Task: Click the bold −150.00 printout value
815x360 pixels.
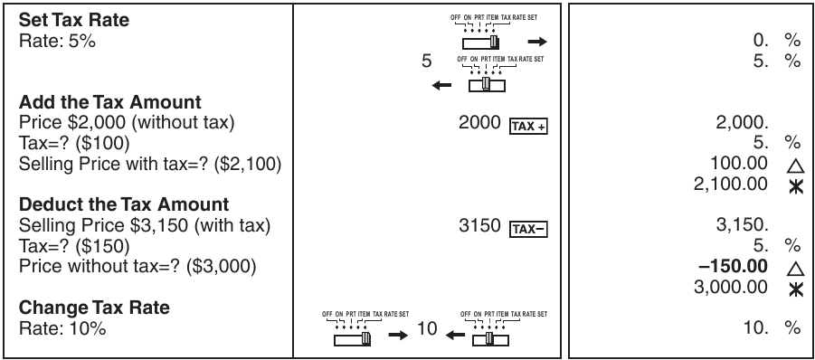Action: coord(736,267)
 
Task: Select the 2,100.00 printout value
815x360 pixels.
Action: coord(735,184)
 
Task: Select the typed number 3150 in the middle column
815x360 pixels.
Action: coord(479,226)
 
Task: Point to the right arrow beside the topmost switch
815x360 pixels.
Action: coord(537,42)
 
